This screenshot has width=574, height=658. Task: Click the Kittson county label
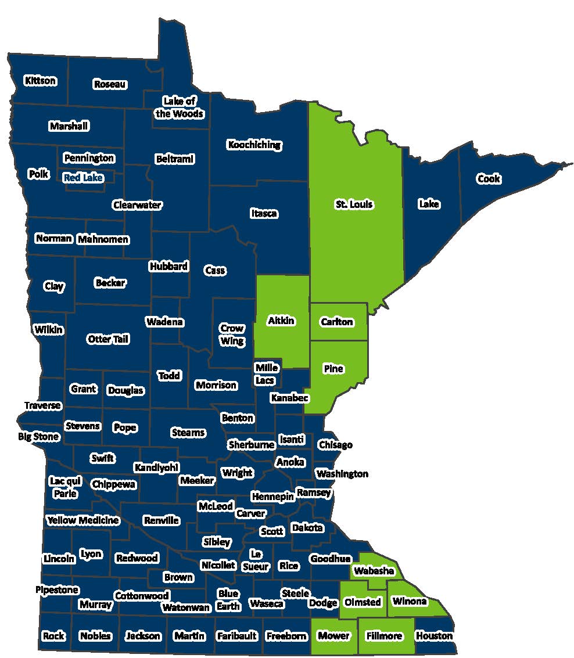[40, 80]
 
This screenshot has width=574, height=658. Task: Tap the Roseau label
[110, 84]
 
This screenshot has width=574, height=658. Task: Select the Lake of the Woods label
[179, 107]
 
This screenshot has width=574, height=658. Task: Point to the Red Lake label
[83, 178]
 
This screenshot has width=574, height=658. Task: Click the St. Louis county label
[354, 204]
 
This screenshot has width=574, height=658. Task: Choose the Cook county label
[489, 179]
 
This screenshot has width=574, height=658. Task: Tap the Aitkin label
[281, 321]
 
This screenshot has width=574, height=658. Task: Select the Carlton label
[337, 322]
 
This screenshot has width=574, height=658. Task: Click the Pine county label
[334, 369]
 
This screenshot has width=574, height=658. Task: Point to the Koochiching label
[254, 145]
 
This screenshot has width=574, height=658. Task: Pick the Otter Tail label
[108, 339]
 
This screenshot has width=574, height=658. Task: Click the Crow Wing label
[232, 335]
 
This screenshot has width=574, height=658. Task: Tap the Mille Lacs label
[267, 374]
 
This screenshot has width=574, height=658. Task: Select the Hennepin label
[272, 497]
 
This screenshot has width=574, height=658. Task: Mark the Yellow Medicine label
[83, 520]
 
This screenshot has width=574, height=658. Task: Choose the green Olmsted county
[363, 602]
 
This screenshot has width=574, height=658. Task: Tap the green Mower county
[334, 635]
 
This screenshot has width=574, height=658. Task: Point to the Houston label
[434, 635]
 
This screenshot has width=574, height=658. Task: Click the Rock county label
[53, 635]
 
